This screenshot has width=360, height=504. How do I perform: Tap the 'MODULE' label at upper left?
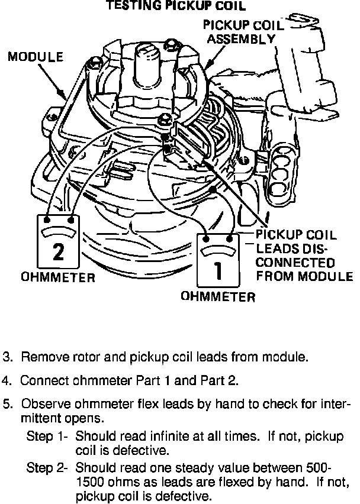(36, 57)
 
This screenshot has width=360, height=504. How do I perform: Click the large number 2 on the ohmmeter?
(58, 251)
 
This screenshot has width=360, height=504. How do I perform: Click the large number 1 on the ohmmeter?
(217, 271)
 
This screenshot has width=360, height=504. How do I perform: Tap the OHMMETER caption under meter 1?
(218, 297)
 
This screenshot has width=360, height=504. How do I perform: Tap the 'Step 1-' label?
(48, 437)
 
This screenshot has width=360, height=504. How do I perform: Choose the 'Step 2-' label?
(48, 467)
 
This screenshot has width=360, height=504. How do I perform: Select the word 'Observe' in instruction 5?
(42, 405)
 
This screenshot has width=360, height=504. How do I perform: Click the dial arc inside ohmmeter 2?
(58, 230)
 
